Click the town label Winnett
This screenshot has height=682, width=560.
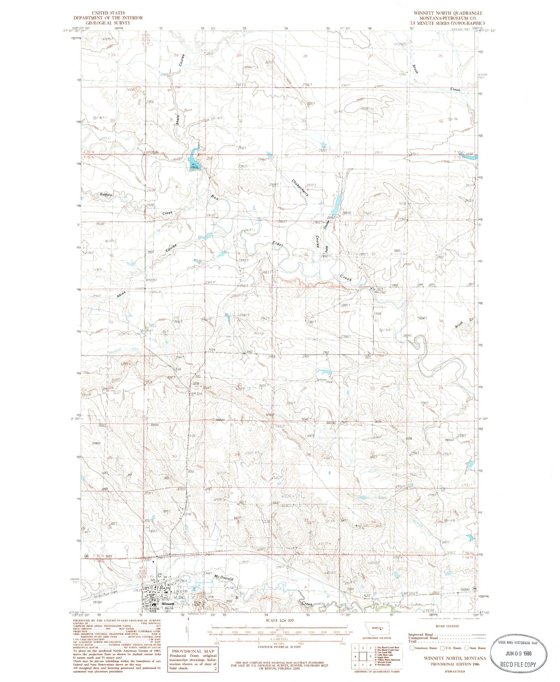click(168, 604)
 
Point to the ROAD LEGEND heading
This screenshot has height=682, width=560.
click(447, 626)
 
